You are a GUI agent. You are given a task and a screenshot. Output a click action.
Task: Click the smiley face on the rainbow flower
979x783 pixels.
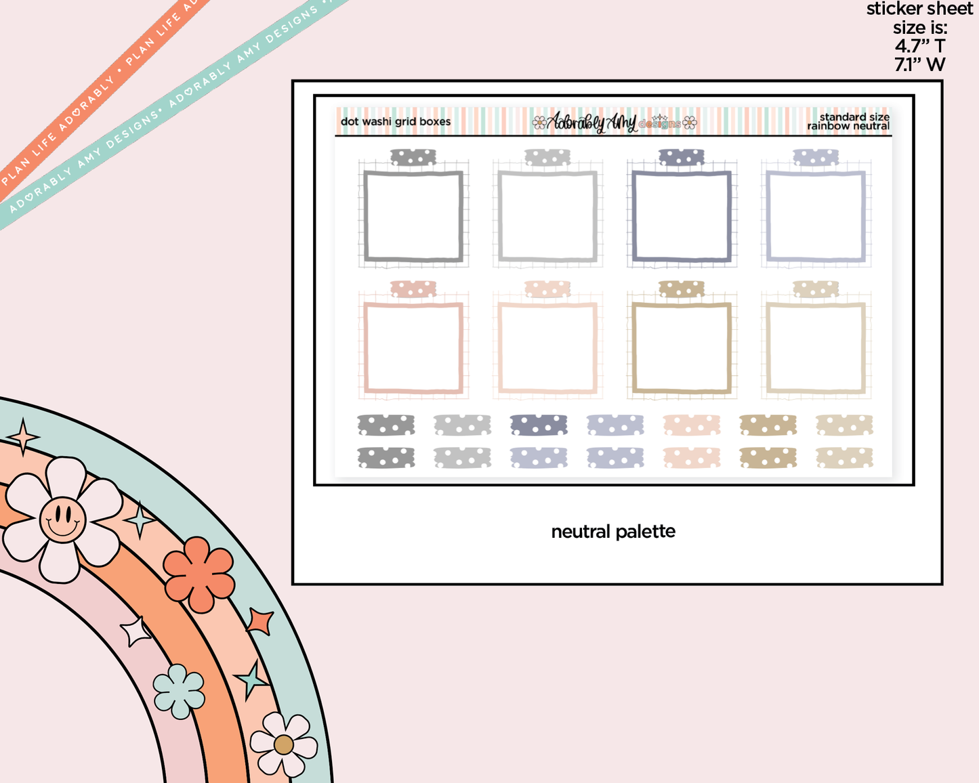click(x=62, y=519)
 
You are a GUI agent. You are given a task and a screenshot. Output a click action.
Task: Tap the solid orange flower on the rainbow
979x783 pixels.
click(x=199, y=574)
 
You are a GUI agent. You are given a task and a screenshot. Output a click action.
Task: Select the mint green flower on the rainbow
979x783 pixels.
click(x=179, y=691)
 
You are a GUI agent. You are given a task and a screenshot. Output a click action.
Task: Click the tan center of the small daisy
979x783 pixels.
click(x=283, y=745)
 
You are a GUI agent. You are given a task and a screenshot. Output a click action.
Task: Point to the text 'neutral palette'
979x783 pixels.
click(x=613, y=532)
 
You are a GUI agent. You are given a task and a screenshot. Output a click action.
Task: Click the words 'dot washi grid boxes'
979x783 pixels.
click(x=396, y=121)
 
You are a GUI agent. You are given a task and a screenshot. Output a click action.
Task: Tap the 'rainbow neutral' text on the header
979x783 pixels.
click(x=848, y=126)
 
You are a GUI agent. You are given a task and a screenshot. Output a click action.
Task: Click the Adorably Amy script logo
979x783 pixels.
click(x=591, y=122)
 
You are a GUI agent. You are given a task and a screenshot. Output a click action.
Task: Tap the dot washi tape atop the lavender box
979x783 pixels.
click(x=816, y=157)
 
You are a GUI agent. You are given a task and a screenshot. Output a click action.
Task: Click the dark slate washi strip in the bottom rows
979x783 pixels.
click(x=538, y=425)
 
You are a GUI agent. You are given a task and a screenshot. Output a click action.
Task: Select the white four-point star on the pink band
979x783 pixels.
click(x=135, y=631)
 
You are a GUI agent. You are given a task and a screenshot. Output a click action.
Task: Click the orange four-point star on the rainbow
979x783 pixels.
click(x=259, y=621)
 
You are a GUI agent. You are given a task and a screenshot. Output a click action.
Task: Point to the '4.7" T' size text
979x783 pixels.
click(x=919, y=46)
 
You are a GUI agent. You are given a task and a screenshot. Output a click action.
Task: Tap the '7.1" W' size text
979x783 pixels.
click(x=919, y=64)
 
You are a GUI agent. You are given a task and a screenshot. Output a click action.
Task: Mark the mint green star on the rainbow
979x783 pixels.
click(x=251, y=680)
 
